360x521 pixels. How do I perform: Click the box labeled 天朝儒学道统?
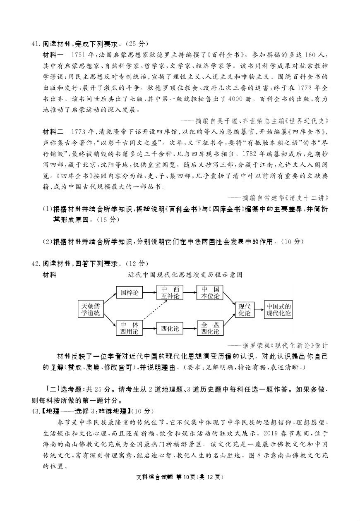pos(91,309)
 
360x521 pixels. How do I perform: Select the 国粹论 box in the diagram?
pos(129,293)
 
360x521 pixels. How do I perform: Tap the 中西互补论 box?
pos(170,293)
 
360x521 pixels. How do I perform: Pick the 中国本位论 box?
pos(210,293)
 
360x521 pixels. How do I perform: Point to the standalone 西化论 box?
pos(170,328)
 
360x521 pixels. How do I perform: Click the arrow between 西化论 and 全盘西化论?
pos(190,328)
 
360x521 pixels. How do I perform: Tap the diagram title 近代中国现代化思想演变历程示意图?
pos(185,275)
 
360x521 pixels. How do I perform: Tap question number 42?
pos(34,263)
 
